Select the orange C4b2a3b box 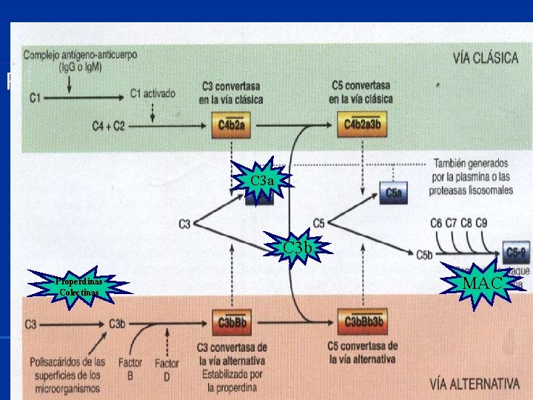361,127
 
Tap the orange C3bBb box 232,322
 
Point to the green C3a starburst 262,181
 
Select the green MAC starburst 483,283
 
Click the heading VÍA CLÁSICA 484,59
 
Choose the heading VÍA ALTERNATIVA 475,383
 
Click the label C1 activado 152,94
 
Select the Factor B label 130,368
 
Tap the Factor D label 167,368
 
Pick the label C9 481,221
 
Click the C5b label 424,256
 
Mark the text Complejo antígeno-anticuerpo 79,56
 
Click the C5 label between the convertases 319,222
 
